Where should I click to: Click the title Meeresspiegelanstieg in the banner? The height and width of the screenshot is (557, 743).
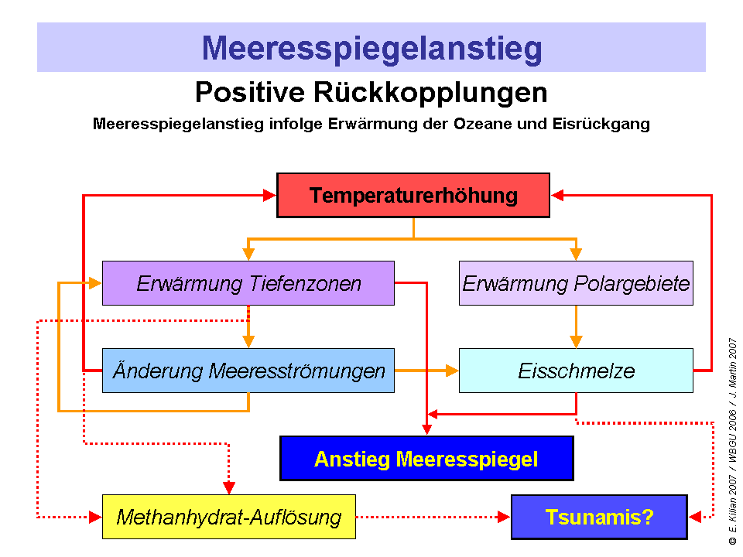pos(371,48)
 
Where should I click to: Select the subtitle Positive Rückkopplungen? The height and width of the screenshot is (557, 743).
pos(371,93)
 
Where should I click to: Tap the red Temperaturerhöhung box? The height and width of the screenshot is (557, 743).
pos(413,195)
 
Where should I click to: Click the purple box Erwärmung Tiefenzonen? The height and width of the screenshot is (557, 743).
pos(248,283)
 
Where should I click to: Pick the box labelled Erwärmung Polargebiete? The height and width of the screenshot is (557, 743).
pos(576,283)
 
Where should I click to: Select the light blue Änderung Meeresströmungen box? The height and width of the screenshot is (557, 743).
pos(248,371)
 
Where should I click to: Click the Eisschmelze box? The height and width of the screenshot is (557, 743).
pos(576,371)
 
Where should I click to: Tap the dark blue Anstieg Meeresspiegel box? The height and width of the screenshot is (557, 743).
pos(426,459)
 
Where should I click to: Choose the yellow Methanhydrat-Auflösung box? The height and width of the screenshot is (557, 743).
pos(229,517)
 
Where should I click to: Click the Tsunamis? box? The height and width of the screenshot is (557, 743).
pos(599,517)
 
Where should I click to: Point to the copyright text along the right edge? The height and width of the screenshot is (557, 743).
pos(732,441)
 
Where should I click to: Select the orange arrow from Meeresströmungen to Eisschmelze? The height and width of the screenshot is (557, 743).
pos(426,371)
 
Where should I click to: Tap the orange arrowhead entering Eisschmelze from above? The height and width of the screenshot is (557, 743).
pos(576,341)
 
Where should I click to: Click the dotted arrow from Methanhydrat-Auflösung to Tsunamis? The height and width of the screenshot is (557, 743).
pos(433,517)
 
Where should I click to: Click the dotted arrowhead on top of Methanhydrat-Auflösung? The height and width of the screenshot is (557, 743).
pos(229,487)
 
